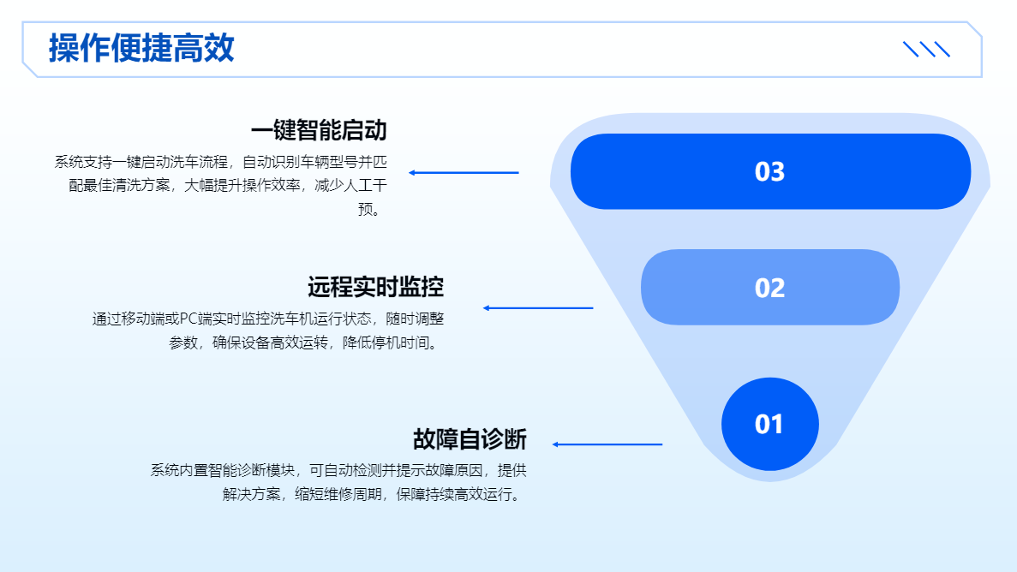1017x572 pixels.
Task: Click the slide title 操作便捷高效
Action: point(141,48)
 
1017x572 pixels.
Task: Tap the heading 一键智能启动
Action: point(319,131)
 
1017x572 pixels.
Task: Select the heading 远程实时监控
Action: point(375,287)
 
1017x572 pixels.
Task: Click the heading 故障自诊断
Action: point(470,439)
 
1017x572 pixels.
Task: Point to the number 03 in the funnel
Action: point(769,172)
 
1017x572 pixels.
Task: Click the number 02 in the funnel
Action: point(769,288)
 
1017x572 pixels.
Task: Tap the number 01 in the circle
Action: point(769,425)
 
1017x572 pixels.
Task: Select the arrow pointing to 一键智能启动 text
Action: point(464,173)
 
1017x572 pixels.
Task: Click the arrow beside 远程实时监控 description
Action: point(538,308)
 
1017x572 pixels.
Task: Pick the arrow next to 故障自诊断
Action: point(607,444)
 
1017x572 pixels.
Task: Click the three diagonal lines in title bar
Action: point(927,50)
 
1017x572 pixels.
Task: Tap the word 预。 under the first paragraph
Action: point(369,209)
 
